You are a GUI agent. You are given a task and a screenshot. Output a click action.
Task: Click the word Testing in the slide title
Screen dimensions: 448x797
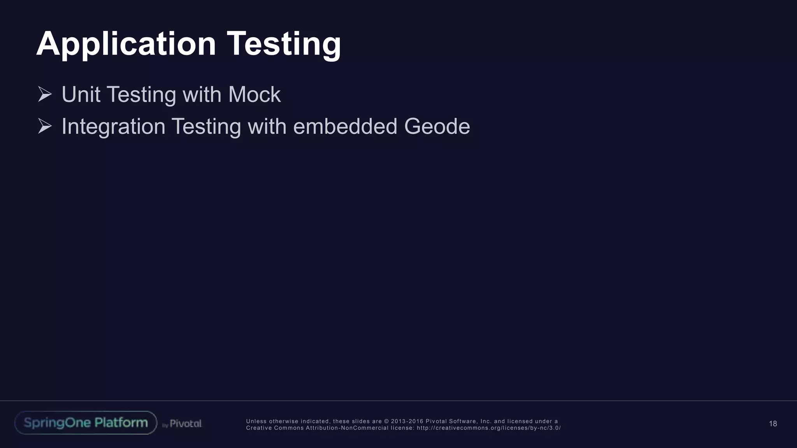[284, 44]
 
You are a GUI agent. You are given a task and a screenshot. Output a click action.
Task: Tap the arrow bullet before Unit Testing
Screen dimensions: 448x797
[45, 94]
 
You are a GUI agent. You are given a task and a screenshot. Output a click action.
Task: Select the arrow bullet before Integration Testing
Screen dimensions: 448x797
[45, 126]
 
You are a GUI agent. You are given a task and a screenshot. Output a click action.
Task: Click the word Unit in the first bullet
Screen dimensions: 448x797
[81, 94]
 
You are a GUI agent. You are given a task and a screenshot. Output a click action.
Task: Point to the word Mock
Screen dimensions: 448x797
[255, 94]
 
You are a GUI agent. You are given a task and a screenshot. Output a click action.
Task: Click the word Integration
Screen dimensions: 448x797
[113, 126]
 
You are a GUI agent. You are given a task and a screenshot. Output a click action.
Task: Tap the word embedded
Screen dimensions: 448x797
[345, 126]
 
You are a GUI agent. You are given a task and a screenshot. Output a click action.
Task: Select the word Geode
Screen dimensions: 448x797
[437, 126]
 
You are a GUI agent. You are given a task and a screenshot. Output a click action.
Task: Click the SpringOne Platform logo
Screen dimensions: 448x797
[86, 423]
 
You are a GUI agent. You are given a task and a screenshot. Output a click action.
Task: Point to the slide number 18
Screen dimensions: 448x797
[773, 424]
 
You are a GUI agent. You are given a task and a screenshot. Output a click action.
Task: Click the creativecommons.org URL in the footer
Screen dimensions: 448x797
[489, 428]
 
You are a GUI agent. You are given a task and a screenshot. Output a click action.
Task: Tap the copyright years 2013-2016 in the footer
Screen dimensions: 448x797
[407, 421]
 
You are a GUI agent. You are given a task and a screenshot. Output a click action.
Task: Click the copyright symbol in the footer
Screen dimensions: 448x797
[386, 421]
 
